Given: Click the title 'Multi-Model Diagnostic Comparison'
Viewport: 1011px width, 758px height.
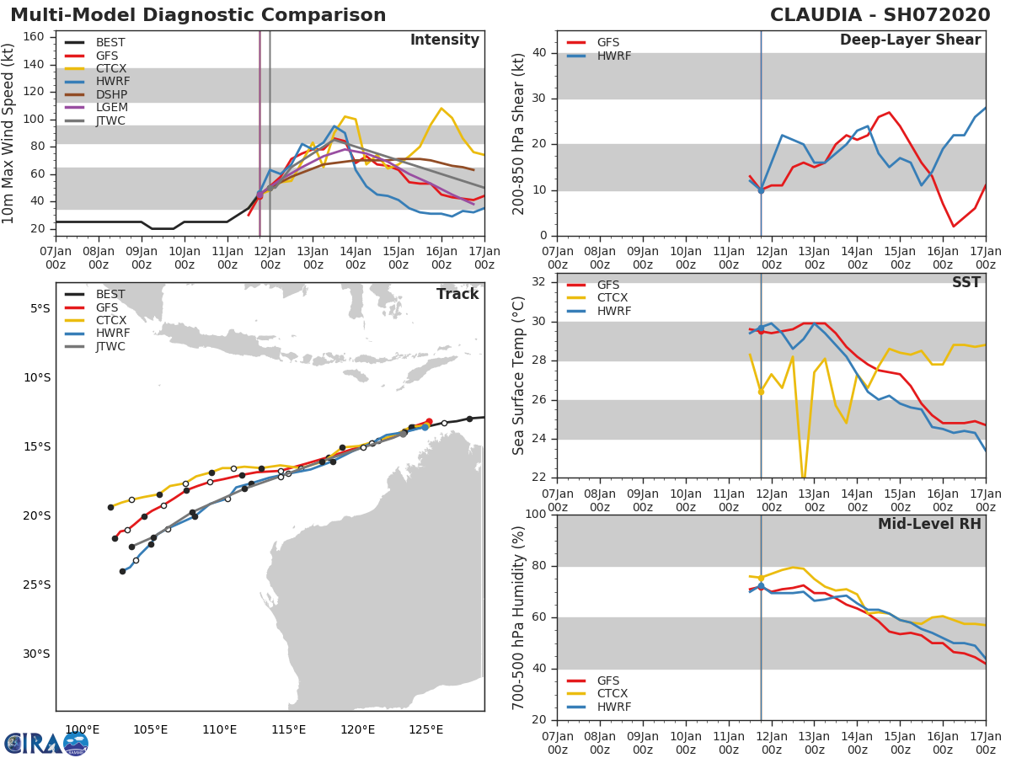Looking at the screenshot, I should (198, 15).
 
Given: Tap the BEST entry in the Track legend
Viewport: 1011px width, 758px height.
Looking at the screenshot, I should (110, 295).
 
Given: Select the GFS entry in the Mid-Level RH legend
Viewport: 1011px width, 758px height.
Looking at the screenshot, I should (608, 681).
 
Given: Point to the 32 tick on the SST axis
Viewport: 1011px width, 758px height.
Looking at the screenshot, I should (540, 282).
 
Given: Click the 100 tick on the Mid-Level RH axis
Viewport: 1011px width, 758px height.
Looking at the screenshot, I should (537, 515).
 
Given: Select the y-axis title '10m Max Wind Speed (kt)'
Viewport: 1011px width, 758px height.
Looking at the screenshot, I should (9, 133).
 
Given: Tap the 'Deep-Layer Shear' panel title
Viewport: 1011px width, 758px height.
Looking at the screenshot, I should (910, 40).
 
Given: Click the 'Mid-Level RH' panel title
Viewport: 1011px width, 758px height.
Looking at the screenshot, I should (929, 525).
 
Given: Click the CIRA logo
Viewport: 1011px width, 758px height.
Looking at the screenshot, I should (46, 744).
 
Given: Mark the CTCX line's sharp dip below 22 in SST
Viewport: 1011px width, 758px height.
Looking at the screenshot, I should (804, 479).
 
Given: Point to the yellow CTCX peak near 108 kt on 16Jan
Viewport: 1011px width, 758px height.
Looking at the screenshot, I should (441, 109).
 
